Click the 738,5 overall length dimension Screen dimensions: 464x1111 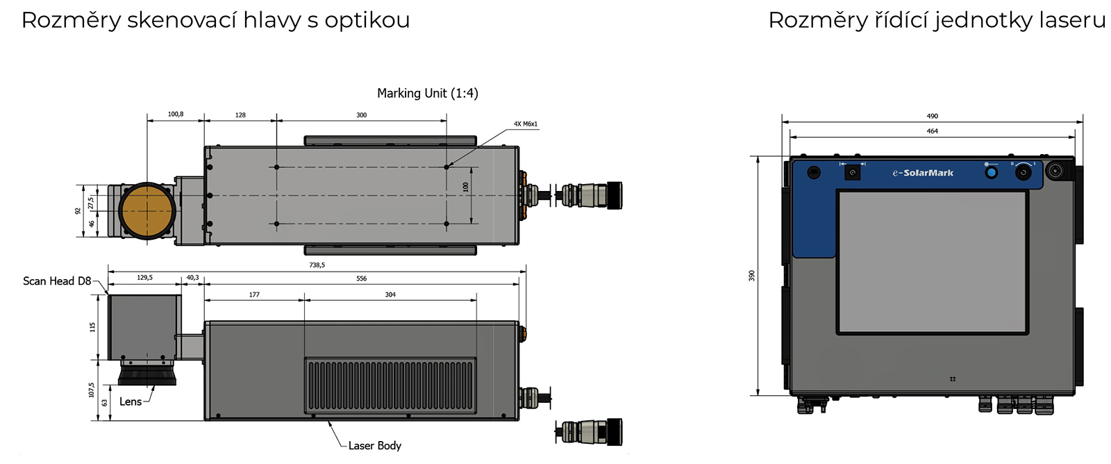(x=317, y=265)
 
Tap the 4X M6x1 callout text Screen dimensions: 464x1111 (x=526, y=124)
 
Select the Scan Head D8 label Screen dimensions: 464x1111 (x=57, y=281)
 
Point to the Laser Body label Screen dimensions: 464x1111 (x=374, y=445)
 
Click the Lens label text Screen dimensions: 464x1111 (x=131, y=401)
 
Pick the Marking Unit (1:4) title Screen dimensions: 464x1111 (x=427, y=93)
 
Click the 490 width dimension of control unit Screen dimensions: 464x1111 (x=932, y=116)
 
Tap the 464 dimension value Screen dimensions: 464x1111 (x=932, y=131)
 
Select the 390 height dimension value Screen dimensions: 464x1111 (x=751, y=276)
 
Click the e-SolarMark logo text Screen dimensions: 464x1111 (x=923, y=173)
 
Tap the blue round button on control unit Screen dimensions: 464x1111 (x=991, y=172)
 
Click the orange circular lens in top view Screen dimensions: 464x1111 (x=147, y=210)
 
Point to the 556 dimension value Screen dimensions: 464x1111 (x=361, y=279)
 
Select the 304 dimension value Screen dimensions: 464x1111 (x=390, y=295)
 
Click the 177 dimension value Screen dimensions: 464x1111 (x=254, y=295)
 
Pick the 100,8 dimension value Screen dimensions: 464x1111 (x=176, y=114)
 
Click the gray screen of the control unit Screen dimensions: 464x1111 (x=932, y=263)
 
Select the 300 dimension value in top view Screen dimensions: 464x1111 (x=361, y=115)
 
